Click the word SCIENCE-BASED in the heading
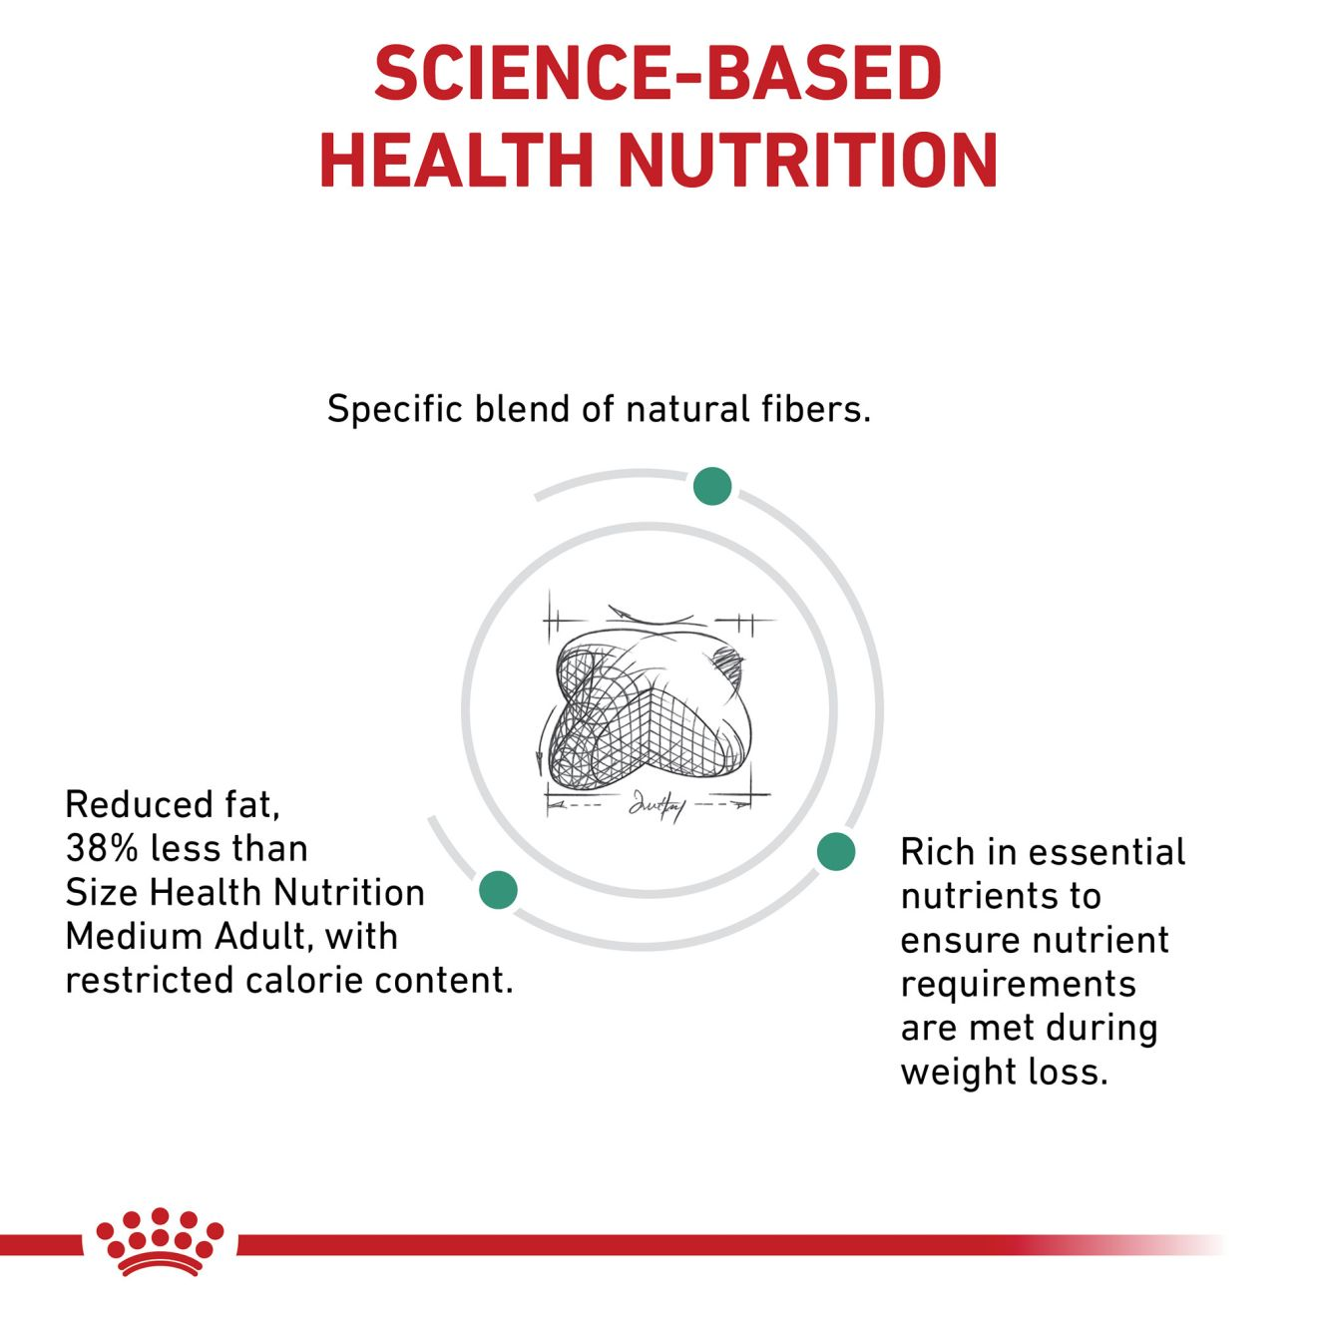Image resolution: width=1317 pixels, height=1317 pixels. (x=658, y=74)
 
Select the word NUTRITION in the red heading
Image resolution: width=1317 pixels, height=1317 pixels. (x=808, y=160)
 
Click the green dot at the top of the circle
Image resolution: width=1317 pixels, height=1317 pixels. (x=712, y=486)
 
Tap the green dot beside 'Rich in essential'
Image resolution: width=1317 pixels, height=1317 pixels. (x=836, y=851)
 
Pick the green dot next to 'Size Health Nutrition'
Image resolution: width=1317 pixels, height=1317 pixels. (x=498, y=889)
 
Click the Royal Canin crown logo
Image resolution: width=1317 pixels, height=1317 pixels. (x=160, y=1241)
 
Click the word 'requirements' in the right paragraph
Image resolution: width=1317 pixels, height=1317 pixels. (x=1018, y=984)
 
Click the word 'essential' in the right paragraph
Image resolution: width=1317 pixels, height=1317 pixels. (x=1106, y=852)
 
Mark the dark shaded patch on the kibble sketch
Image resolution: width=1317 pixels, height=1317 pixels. (x=729, y=660)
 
